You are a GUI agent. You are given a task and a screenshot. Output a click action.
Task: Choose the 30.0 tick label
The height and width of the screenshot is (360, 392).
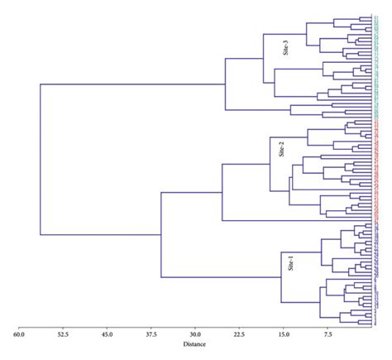pos(194,335)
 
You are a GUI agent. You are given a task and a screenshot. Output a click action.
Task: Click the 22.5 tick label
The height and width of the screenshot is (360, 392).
pos(239,335)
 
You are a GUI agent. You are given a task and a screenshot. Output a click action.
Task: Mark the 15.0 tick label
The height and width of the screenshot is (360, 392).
pos(283,335)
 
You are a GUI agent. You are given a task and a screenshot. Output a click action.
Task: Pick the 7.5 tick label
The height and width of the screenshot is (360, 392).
pos(327,335)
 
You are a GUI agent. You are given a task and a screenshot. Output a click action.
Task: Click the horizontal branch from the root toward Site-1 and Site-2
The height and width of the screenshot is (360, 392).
pos(99,236)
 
